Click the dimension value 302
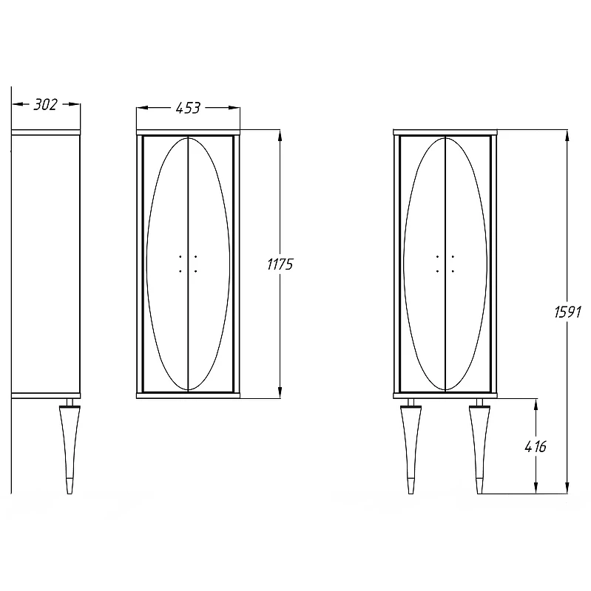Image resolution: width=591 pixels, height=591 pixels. [45, 104]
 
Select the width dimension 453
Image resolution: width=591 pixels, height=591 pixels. [188, 108]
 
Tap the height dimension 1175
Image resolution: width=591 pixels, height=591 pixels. [280, 264]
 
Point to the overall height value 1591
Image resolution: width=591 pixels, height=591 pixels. [567, 312]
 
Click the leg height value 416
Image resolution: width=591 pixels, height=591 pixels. [536, 447]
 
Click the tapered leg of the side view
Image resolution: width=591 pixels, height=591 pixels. [70, 446]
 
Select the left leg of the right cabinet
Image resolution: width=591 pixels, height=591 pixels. [411, 446]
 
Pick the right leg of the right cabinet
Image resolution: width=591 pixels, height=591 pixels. [479, 446]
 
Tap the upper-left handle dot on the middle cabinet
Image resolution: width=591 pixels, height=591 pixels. [180, 256]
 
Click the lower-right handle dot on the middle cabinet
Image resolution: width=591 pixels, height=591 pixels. [195, 271]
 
